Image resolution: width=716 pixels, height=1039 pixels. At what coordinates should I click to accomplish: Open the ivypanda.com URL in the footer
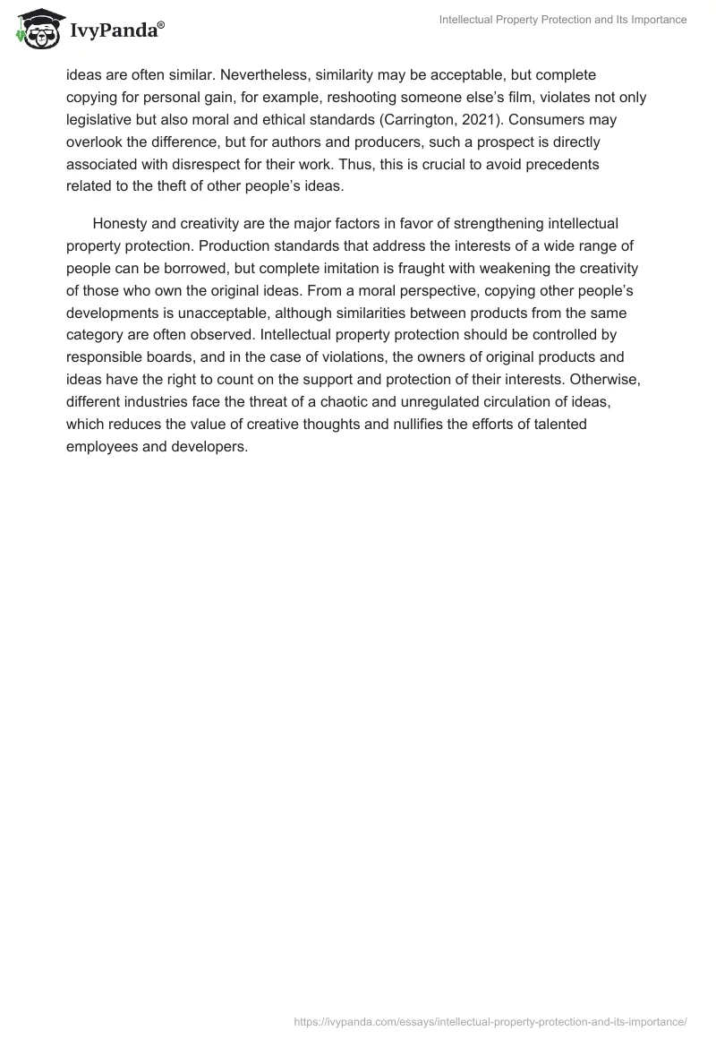(490, 1020)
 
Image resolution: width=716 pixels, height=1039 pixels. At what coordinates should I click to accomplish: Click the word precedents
(560, 164)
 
